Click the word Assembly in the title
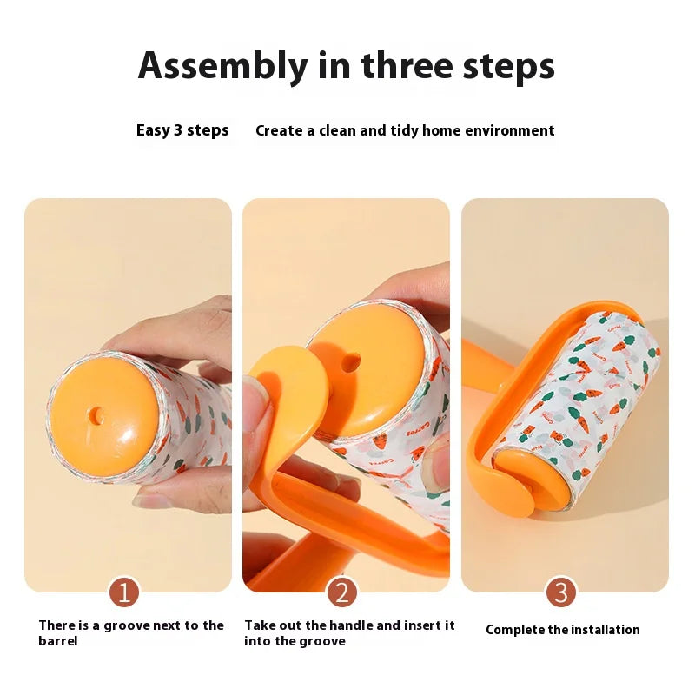point(223,67)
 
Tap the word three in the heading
point(408,65)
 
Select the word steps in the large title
point(509,67)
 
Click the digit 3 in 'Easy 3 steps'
point(178,129)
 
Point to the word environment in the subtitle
point(510,130)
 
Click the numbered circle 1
point(124,592)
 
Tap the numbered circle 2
point(341,592)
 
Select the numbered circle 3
point(560,592)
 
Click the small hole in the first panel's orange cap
point(96,416)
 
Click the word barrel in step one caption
point(57,641)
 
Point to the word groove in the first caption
point(127,625)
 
